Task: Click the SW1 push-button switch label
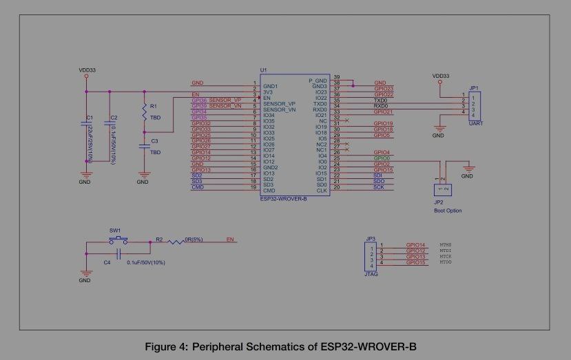pyautogui.click(x=114, y=231)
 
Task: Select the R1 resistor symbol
pyautogui.click(x=144, y=111)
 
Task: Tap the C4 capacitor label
pyautogui.click(x=107, y=262)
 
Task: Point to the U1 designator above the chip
pyautogui.click(x=263, y=70)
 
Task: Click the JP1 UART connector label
pyautogui.click(x=473, y=88)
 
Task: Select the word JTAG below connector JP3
pyautogui.click(x=371, y=274)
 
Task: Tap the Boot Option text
pyautogui.click(x=448, y=211)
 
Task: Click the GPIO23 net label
pyautogui.click(x=383, y=88)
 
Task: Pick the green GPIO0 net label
pyautogui.click(x=382, y=158)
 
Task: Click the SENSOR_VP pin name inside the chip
pyautogui.click(x=279, y=104)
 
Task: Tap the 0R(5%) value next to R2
pyautogui.click(x=194, y=240)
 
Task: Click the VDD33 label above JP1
pyautogui.click(x=440, y=76)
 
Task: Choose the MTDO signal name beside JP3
pyautogui.click(x=445, y=263)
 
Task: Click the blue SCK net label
pyautogui.click(x=378, y=187)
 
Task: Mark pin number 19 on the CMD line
pyautogui.click(x=254, y=188)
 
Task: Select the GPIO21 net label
pyautogui.click(x=383, y=112)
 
